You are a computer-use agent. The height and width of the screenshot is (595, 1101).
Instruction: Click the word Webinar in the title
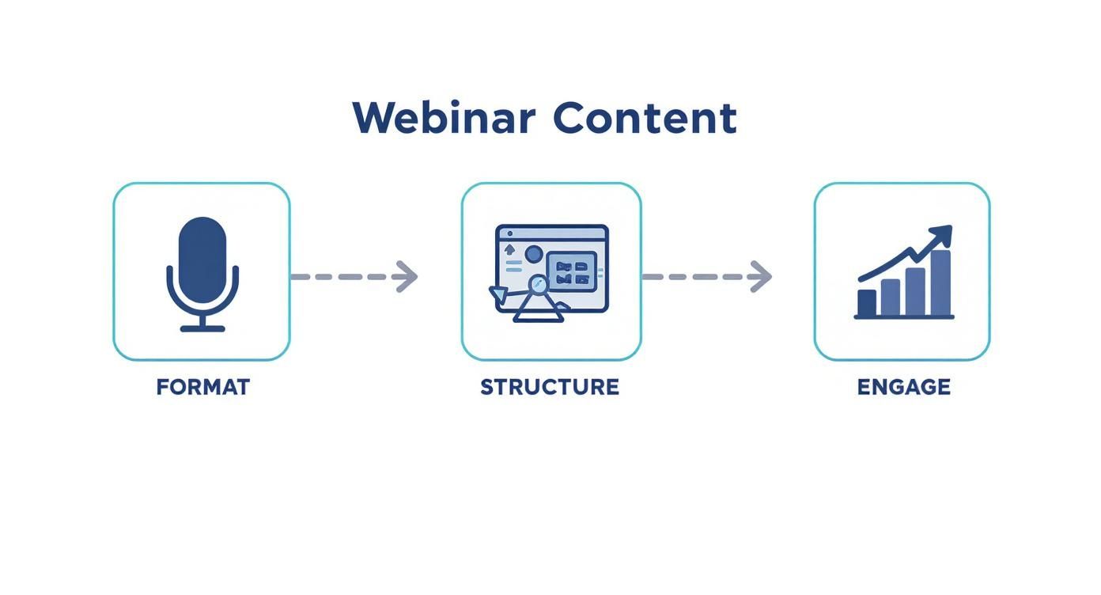[444, 119]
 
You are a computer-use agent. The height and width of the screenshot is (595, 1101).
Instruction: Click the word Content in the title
[645, 119]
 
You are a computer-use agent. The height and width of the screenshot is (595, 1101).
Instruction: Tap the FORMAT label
[202, 387]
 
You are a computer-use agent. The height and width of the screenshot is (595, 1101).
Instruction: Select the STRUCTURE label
[550, 387]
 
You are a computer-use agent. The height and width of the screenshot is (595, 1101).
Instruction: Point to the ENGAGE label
[903, 387]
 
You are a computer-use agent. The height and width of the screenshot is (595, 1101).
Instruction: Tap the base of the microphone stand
[202, 328]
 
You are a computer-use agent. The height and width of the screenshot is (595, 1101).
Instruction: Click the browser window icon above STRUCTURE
[551, 269]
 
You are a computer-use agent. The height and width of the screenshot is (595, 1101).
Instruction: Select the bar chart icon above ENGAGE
[904, 273]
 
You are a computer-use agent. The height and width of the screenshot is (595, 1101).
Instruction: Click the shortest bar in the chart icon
[867, 303]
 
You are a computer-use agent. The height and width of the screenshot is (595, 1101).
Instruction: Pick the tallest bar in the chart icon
[940, 283]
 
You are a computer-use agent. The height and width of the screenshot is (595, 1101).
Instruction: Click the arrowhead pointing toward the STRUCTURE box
[407, 276]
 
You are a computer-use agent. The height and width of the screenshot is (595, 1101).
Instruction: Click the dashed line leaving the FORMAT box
[340, 276]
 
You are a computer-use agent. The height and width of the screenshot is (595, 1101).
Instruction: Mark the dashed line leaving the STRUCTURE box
[692, 276]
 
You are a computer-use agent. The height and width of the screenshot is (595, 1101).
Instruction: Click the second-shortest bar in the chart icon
[891, 297]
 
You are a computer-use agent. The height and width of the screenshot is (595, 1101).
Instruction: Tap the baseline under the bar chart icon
[904, 317]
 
